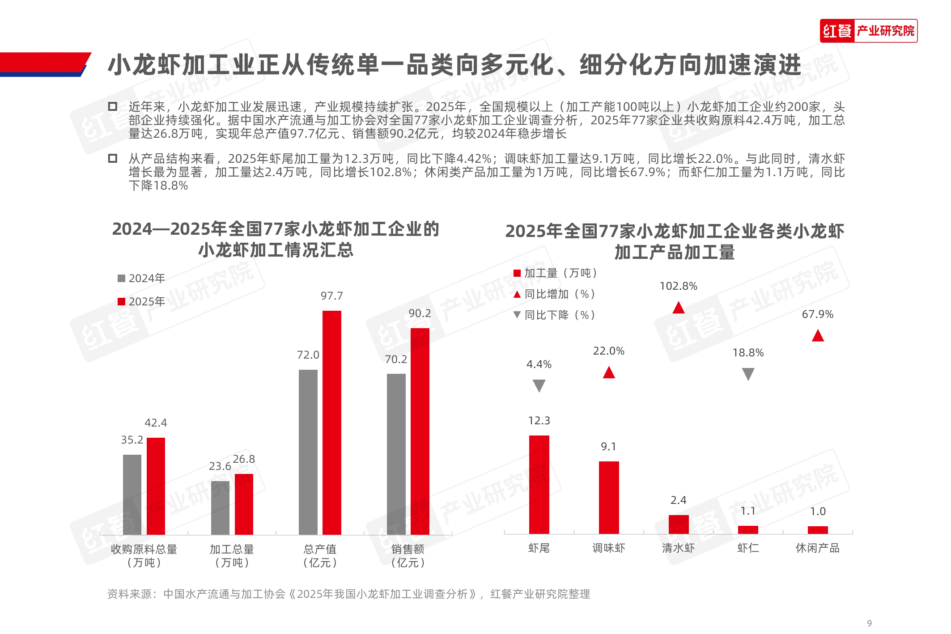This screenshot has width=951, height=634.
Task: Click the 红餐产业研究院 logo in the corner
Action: point(868,31)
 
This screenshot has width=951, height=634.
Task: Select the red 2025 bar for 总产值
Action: point(331,422)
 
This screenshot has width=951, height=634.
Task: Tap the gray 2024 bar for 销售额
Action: point(396,453)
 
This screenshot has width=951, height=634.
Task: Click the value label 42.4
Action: point(156,423)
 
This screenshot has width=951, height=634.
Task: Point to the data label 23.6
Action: point(220,466)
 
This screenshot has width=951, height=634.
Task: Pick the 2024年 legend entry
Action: point(142,279)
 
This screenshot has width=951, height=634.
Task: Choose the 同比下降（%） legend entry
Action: point(555,315)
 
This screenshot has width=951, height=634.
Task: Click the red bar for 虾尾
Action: point(539,484)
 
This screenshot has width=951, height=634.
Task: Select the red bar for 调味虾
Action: point(609,497)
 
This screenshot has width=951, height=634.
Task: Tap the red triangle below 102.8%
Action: point(679,308)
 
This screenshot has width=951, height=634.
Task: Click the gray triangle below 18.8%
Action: point(748,374)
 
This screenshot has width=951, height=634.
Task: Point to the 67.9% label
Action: point(817,314)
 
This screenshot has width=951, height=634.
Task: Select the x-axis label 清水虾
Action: point(678,548)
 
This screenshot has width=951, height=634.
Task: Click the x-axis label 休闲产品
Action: point(817,548)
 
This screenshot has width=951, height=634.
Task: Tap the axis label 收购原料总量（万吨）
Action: point(144,556)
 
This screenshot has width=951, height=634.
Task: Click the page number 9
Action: point(869,623)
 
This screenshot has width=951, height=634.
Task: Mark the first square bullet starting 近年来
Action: point(113,106)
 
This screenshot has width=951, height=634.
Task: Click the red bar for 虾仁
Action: point(748,530)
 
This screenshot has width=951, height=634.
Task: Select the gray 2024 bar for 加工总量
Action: point(220,507)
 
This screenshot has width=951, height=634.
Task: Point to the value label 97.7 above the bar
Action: point(331,296)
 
